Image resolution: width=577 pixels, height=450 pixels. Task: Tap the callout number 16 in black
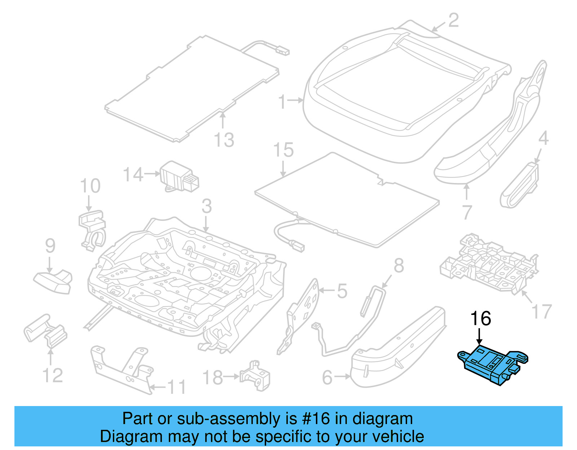pyautogui.click(x=480, y=318)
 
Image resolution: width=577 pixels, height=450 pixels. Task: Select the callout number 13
pyautogui.click(x=224, y=140)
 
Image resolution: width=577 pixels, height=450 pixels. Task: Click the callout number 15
pyautogui.click(x=283, y=150)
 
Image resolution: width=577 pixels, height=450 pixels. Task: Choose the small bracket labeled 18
pyautogui.click(x=256, y=375)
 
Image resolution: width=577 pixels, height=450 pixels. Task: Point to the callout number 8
pyautogui.click(x=398, y=266)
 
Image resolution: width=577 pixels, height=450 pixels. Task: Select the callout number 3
pyautogui.click(x=207, y=206)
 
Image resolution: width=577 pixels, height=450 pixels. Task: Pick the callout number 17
pyautogui.click(x=542, y=311)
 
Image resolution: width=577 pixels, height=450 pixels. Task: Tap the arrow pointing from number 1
pyautogui.click(x=296, y=101)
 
